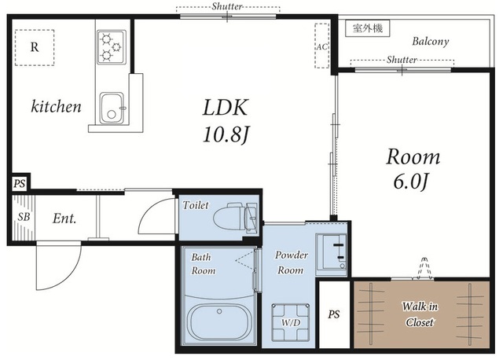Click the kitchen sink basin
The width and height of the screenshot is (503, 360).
(112, 108)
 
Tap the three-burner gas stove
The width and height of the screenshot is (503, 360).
(112, 47)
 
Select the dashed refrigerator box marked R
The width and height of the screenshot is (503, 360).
(35, 48)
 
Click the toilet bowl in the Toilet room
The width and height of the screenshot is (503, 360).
(236, 216)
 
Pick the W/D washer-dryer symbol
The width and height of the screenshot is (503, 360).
(291, 321)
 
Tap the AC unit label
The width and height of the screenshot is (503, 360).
(321, 46)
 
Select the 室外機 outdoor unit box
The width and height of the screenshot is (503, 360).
(368, 28)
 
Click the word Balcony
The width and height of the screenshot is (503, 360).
(431, 42)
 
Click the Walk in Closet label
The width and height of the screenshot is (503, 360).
(420, 314)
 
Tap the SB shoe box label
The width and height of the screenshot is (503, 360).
(24, 217)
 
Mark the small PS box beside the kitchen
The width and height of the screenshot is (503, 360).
(19, 184)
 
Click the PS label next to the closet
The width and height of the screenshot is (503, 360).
(333, 314)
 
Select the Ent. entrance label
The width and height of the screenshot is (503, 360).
(64, 219)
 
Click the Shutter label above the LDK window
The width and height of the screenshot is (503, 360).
(227, 6)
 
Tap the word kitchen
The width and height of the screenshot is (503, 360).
(56, 107)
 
